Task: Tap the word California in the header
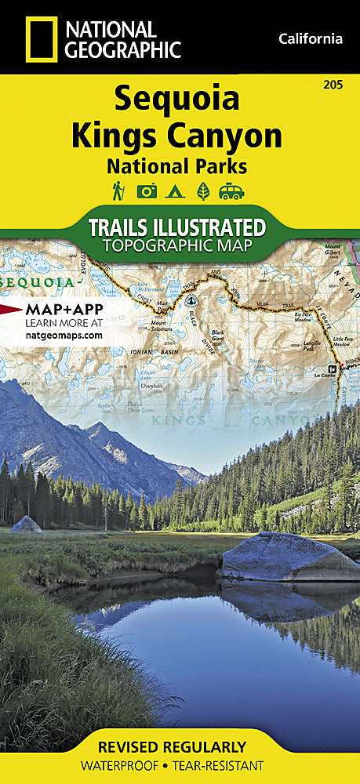click(311, 38)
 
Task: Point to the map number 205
click(342, 85)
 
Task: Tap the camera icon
click(147, 191)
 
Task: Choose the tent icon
click(175, 191)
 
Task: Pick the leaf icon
click(202, 191)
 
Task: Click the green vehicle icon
click(231, 191)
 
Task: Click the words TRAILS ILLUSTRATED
click(176, 227)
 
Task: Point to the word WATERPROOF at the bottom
click(127, 766)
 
